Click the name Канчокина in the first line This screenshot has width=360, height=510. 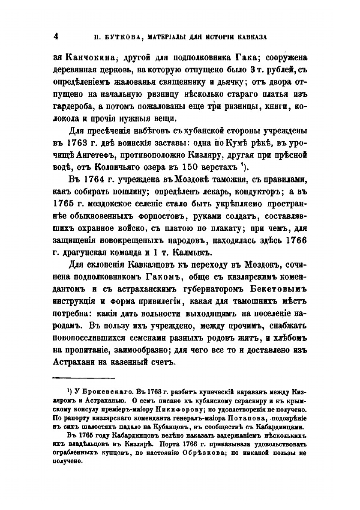click(91, 58)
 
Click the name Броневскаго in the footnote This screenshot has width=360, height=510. click(96, 392)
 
